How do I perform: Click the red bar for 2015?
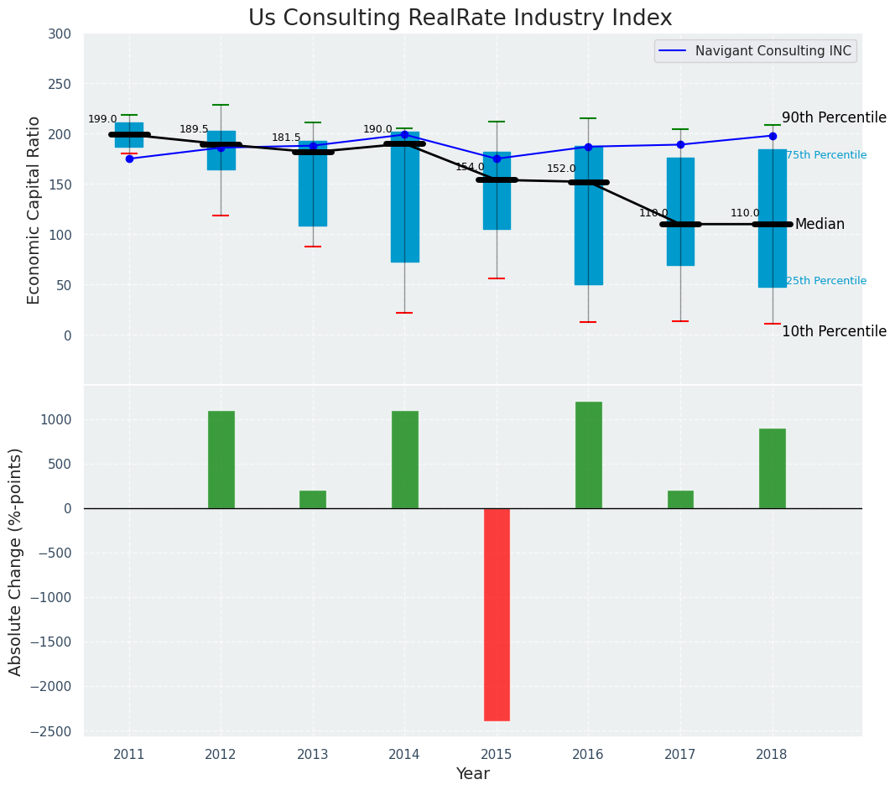tap(497, 614)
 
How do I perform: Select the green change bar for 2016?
tap(588, 455)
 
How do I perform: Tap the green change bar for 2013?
tap(313, 499)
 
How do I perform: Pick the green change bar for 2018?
tap(772, 468)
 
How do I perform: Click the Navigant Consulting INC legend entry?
tap(756, 51)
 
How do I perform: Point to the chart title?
tap(460, 18)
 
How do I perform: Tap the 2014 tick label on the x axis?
tap(404, 754)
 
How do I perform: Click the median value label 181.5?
tap(285, 138)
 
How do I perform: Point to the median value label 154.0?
tap(470, 167)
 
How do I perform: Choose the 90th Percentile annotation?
tap(834, 117)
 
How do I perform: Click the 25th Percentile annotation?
tap(826, 280)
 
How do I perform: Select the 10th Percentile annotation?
tap(834, 331)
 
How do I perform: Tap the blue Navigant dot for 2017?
tap(680, 144)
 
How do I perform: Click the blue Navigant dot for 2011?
tap(129, 159)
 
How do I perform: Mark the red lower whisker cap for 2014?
tap(404, 313)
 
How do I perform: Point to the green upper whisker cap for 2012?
tap(221, 105)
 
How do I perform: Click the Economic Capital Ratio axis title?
tap(34, 210)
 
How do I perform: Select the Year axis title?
tap(472, 774)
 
